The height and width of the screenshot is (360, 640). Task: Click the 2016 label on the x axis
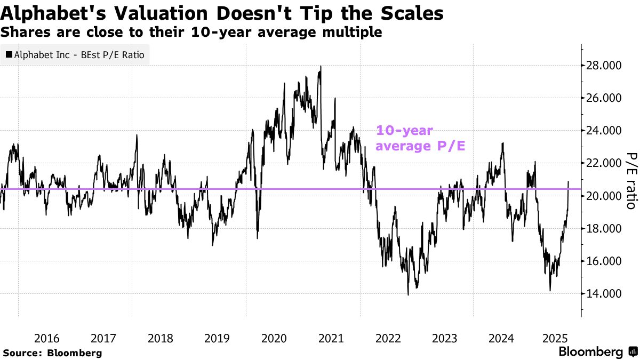pos(46,338)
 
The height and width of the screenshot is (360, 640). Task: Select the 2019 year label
pos(217,338)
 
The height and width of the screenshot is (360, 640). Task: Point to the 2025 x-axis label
pos(558,338)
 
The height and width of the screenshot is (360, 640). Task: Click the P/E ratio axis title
pos(630,180)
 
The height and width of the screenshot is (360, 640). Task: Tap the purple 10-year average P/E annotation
pos(421,138)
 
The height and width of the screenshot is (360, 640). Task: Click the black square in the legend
pos(9,54)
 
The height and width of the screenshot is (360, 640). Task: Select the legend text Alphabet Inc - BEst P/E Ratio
pos(79,54)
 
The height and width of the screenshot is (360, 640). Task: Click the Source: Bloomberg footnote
pos(52,353)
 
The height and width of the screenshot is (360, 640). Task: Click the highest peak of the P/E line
pos(321,66)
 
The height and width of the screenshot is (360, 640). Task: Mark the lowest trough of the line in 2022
pos(408,294)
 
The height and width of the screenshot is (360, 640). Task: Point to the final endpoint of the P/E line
pos(568,182)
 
